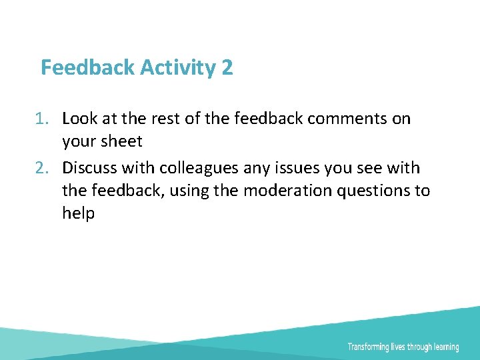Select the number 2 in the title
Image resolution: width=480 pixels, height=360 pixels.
pos(227,67)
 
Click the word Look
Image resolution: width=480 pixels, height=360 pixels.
pos(79,119)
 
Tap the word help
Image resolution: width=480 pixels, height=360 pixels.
pos(79,213)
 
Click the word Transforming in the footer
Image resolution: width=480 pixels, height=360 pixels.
pos(369,347)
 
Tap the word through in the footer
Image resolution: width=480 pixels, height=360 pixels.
pos(420,347)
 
